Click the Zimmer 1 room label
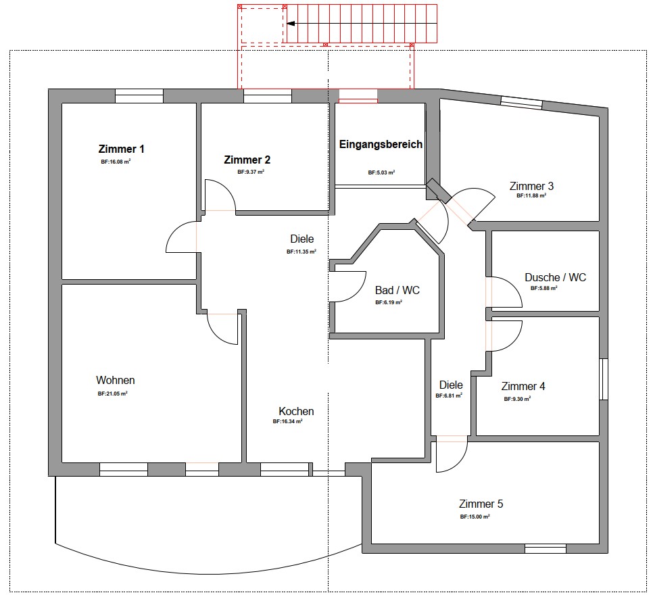pos(121,149)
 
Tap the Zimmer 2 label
pos(247,160)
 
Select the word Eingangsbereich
pos(381,145)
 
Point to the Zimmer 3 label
pos(531,186)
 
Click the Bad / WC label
pos(397,290)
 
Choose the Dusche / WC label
pos(555,277)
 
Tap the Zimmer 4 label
pos(523,386)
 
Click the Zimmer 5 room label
pos(481,504)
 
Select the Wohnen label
pos(116,380)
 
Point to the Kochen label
pos(296,411)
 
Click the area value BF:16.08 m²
pos(116,162)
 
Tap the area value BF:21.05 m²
pos(113,393)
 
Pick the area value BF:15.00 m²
pos(475,517)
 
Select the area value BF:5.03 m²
pos(381,172)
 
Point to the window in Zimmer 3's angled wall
pos(521,103)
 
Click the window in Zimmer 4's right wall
pos(604,379)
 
